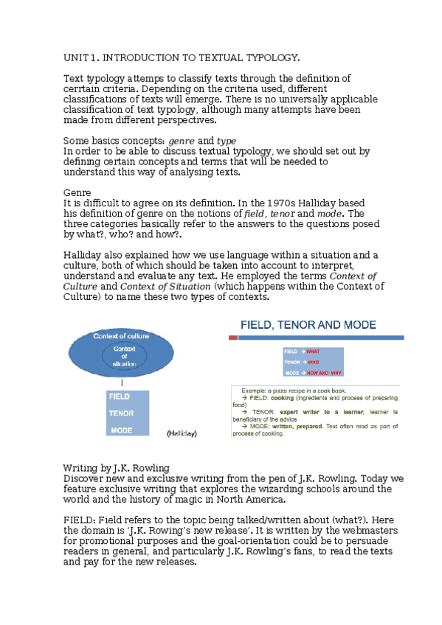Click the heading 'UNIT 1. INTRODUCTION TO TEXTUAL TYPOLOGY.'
[x=182, y=57]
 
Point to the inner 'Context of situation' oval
[x=124, y=356]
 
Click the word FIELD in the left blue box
[x=120, y=397]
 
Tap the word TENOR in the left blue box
[x=121, y=413]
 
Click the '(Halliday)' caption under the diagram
[x=182, y=433]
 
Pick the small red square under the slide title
[x=234, y=338]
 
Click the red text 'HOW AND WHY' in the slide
[x=325, y=373]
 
